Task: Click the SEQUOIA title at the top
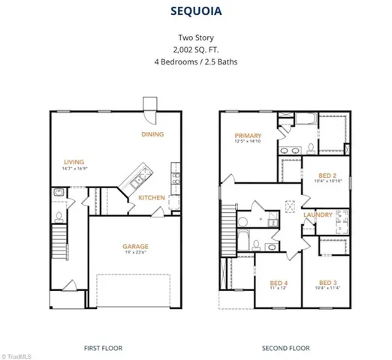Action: point(195,13)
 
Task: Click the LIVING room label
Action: point(74,161)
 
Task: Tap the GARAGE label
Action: point(135,246)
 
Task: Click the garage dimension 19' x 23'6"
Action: point(135,253)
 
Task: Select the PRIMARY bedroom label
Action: point(247,136)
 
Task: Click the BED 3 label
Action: point(327,282)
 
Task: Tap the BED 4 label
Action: point(279,282)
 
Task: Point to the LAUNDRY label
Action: point(318,215)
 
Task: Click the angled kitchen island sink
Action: point(138,181)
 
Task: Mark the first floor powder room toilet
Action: point(58,194)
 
